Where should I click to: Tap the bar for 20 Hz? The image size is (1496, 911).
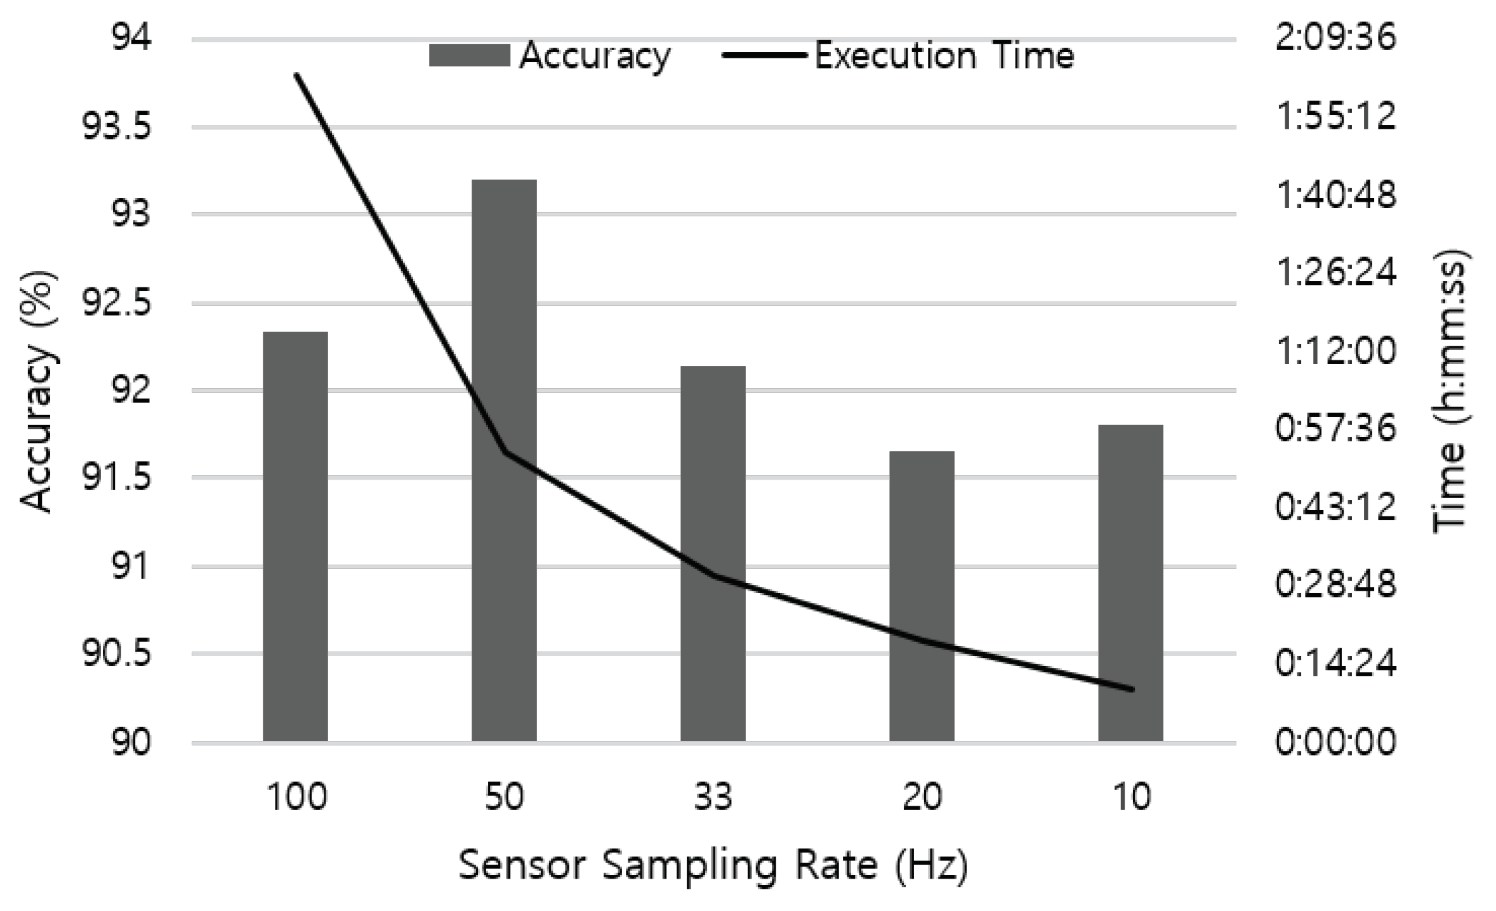[922, 596]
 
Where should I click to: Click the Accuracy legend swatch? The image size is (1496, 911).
[469, 55]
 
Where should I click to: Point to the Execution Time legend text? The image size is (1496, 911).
[944, 56]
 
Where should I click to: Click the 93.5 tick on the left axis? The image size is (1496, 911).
[117, 127]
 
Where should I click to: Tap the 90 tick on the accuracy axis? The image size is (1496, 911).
[131, 742]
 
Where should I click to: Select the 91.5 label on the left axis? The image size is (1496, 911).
[117, 478]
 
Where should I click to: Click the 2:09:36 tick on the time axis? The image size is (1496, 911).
[1335, 37]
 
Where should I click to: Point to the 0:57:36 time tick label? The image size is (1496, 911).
[1335, 428]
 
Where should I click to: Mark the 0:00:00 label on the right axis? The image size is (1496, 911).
[1335, 741]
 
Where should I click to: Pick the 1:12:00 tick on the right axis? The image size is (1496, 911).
[1335, 350]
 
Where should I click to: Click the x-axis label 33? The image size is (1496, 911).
[713, 797]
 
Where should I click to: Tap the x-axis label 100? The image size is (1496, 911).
[296, 797]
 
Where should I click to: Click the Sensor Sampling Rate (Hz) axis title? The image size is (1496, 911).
[713, 865]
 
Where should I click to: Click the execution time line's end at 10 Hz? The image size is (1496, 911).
[1131, 689]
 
